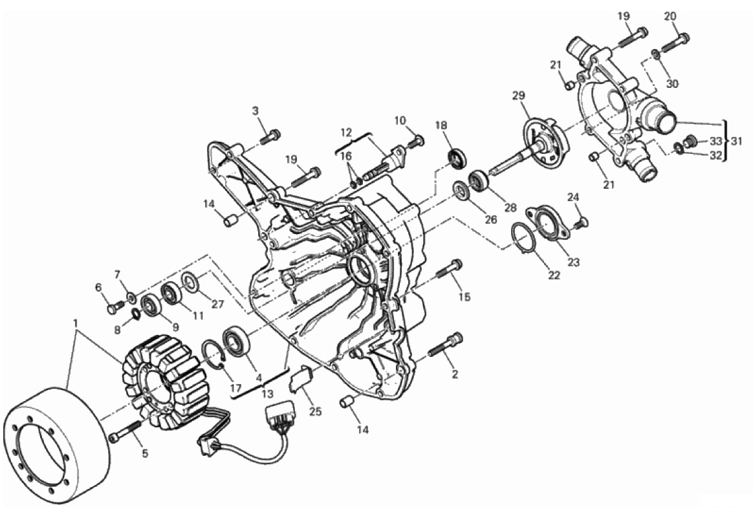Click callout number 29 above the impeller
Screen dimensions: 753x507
click(x=518, y=96)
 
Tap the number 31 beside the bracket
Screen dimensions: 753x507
click(x=737, y=142)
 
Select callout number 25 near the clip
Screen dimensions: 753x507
click(x=315, y=411)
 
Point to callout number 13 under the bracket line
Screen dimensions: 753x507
click(x=267, y=394)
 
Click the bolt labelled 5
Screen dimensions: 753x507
click(x=125, y=431)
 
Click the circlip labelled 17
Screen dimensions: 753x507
click(x=214, y=354)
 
